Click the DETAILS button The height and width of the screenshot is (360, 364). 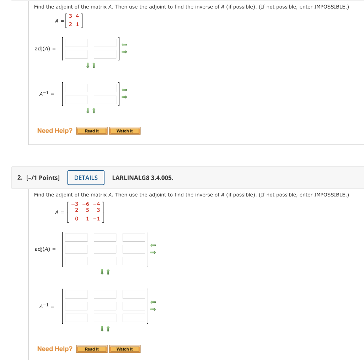[x=86, y=178]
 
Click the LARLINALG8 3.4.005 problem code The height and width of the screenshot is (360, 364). [x=143, y=178]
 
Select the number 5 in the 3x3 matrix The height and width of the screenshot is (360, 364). [x=87, y=210]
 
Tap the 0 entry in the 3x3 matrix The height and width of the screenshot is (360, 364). [x=76, y=219]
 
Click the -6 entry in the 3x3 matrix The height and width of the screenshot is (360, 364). [x=85, y=204]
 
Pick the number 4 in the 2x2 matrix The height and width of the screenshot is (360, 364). [x=77, y=16]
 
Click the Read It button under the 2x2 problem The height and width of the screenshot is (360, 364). [x=92, y=131]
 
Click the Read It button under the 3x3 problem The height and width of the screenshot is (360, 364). [x=92, y=349]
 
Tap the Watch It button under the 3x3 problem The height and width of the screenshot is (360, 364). [x=125, y=349]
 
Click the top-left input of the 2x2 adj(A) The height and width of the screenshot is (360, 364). [x=76, y=43]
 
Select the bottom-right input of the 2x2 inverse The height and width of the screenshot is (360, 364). [x=105, y=100]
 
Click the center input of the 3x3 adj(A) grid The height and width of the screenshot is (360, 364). [x=105, y=249]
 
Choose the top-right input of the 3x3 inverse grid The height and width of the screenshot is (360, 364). [x=134, y=294]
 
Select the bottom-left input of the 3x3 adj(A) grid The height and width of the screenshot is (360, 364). [x=76, y=261]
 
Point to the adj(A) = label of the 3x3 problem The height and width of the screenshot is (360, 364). [x=45, y=249]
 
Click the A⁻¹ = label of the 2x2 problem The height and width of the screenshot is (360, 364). [x=47, y=94]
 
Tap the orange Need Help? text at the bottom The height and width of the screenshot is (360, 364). [x=55, y=349]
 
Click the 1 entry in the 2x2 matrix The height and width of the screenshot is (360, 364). [x=77, y=24]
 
